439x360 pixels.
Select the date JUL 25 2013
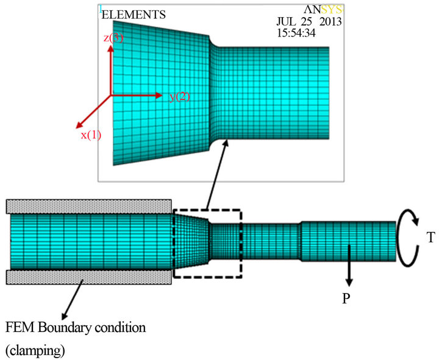pos(309,21)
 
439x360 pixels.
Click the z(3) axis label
pos(113,38)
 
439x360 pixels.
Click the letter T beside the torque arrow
pos(430,238)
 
